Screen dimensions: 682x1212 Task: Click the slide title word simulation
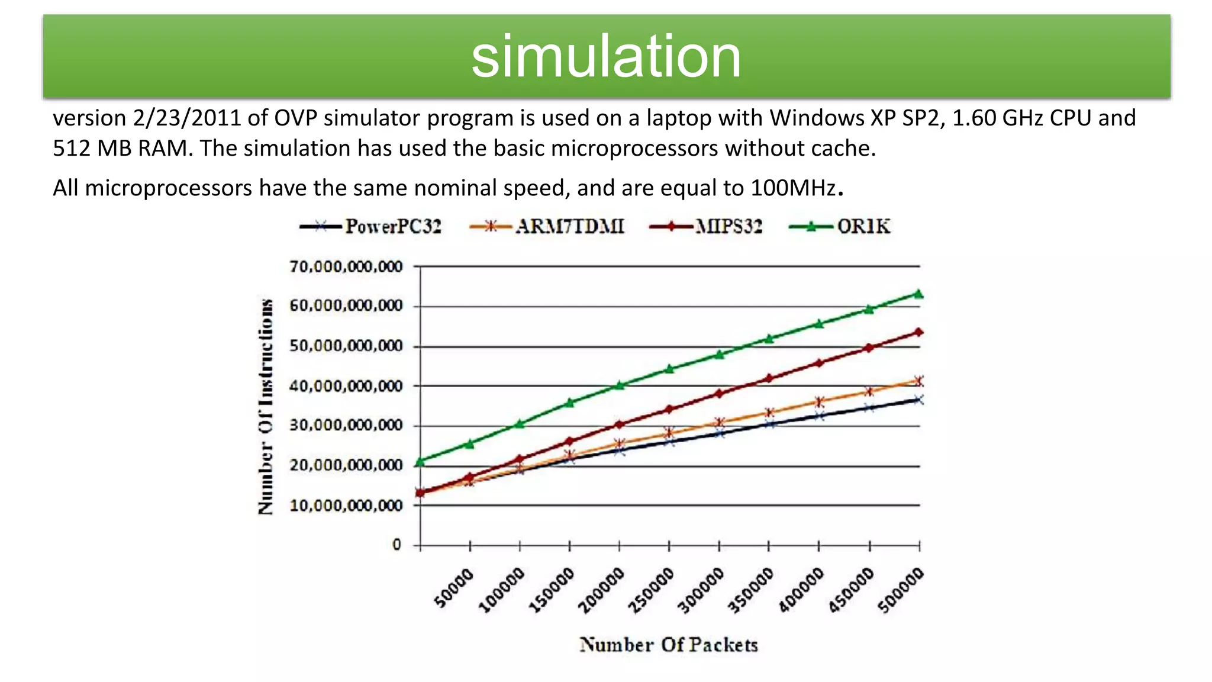coord(606,57)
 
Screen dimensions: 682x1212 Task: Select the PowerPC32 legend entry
coord(372,227)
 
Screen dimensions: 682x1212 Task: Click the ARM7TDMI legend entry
coord(547,227)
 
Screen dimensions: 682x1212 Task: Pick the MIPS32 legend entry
coord(707,227)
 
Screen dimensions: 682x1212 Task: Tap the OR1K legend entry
coord(840,227)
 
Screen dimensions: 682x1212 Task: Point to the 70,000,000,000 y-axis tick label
coord(346,267)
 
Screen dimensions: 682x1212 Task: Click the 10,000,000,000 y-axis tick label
coord(346,506)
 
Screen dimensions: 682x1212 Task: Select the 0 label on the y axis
coord(397,545)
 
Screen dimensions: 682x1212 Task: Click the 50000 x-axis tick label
coord(454,587)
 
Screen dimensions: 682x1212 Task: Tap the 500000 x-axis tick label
coord(901,590)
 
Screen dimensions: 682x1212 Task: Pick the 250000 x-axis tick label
coord(651,590)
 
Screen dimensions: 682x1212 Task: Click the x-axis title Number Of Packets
coord(669,645)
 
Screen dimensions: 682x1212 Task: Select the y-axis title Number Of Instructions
coord(266,406)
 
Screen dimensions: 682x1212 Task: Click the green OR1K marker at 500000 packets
coord(918,294)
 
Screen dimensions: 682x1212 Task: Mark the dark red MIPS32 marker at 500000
coord(918,332)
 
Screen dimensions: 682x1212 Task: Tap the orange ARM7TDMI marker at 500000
coord(918,381)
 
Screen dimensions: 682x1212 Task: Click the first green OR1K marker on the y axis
coord(420,462)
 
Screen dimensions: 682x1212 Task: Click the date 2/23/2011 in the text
coord(187,118)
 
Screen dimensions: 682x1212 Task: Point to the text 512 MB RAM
coord(123,149)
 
